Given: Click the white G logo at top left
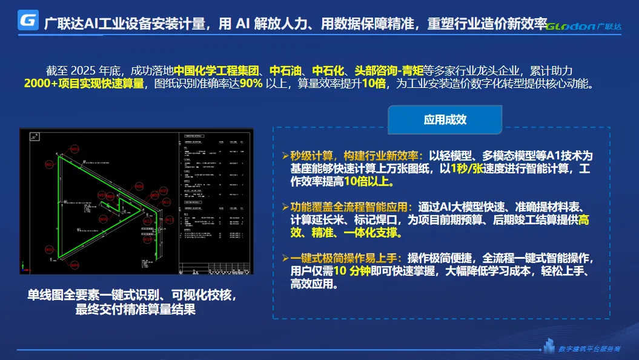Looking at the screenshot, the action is click(28, 20).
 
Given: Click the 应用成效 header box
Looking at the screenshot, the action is click(445, 119).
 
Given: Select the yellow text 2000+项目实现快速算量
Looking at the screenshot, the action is click(84, 84).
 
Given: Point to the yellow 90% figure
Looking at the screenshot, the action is click(251, 84).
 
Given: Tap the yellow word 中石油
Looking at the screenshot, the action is click(287, 70).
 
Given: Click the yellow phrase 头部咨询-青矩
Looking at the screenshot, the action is click(389, 70).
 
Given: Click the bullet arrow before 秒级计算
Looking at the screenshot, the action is click(286, 155).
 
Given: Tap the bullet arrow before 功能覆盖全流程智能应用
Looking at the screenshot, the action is click(286, 207).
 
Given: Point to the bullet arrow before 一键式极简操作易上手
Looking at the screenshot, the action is click(286, 258).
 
